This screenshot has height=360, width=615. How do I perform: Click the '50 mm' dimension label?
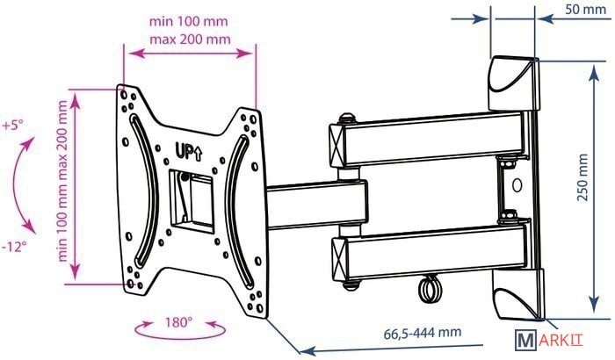tap(586, 9)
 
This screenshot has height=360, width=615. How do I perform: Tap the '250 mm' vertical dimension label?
tap(583, 177)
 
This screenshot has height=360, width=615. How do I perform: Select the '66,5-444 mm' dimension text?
tap(422, 333)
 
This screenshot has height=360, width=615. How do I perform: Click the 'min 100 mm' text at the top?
tap(188, 21)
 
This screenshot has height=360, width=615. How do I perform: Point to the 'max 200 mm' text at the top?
tap(191, 40)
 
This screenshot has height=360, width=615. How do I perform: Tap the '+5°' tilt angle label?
tap(12, 126)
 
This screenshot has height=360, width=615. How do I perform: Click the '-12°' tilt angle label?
tap(14, 247)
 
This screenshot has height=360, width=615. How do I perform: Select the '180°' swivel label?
tap(178, 322)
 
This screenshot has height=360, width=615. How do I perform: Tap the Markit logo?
tap(549, 340)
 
